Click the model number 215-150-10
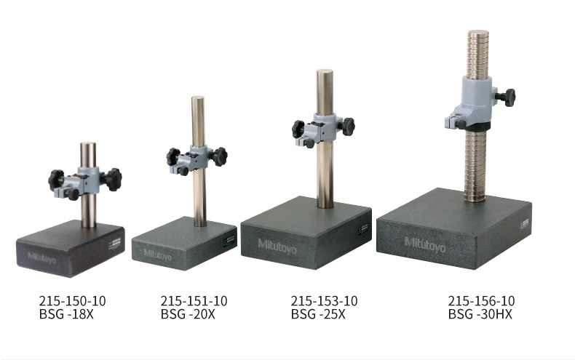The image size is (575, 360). [x=72, y=301]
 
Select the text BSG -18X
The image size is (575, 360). [x=66, y=314]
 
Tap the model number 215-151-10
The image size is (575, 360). [x=194, y=301]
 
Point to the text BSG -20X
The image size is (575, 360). [x=188, y=314]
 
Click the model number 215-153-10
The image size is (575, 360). [x=324, y=301]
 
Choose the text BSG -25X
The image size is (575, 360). [x=318, y=314]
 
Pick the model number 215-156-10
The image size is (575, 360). [x=481, y=301]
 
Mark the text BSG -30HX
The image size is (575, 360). [x=480, y=314]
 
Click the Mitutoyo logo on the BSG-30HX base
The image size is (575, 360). [x=425, y=244]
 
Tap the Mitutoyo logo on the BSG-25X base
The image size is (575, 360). [x=277, y=247]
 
